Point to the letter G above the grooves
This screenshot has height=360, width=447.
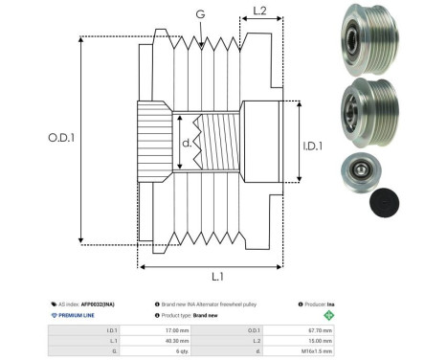point(199,13)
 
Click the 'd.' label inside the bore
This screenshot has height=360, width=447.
point(187,145)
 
